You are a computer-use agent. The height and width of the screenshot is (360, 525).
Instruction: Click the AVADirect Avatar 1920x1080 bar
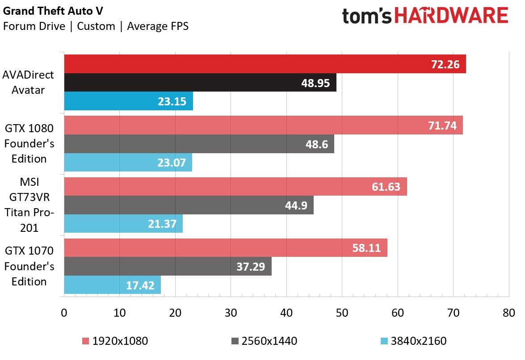point(265,64)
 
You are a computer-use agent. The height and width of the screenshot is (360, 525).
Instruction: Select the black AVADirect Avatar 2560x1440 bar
point(200,82)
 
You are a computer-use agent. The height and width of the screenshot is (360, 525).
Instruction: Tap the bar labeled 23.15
point(129,101)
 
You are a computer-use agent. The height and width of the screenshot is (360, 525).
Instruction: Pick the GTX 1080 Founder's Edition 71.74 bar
point(264,125)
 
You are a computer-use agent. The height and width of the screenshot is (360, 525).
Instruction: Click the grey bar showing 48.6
point(199,144)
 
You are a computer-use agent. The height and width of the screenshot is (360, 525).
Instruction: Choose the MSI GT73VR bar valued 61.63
point(235,186)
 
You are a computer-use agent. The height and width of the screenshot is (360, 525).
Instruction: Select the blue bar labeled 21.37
point(124,223)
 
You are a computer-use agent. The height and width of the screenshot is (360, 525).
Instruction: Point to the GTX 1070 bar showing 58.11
point(226,248)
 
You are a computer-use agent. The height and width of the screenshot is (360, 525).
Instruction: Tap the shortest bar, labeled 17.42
point(113,285)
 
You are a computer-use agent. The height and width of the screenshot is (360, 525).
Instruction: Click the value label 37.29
point(251,267)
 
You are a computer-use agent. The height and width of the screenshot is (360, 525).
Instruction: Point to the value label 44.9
point(296,205)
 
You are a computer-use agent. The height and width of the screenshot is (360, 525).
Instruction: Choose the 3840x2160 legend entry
point(414,341)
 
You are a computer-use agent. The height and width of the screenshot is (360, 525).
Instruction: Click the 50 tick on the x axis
point(342,313)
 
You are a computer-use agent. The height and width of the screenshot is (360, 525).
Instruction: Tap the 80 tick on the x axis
point(509,313)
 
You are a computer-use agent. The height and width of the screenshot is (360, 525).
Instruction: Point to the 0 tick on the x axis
point(64,313)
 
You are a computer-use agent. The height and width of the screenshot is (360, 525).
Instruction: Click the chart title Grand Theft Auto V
point(53,11)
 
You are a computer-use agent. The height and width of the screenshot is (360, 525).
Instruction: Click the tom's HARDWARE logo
point(425,16)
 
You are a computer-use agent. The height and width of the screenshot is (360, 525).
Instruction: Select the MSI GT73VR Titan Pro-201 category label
point(29,205)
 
